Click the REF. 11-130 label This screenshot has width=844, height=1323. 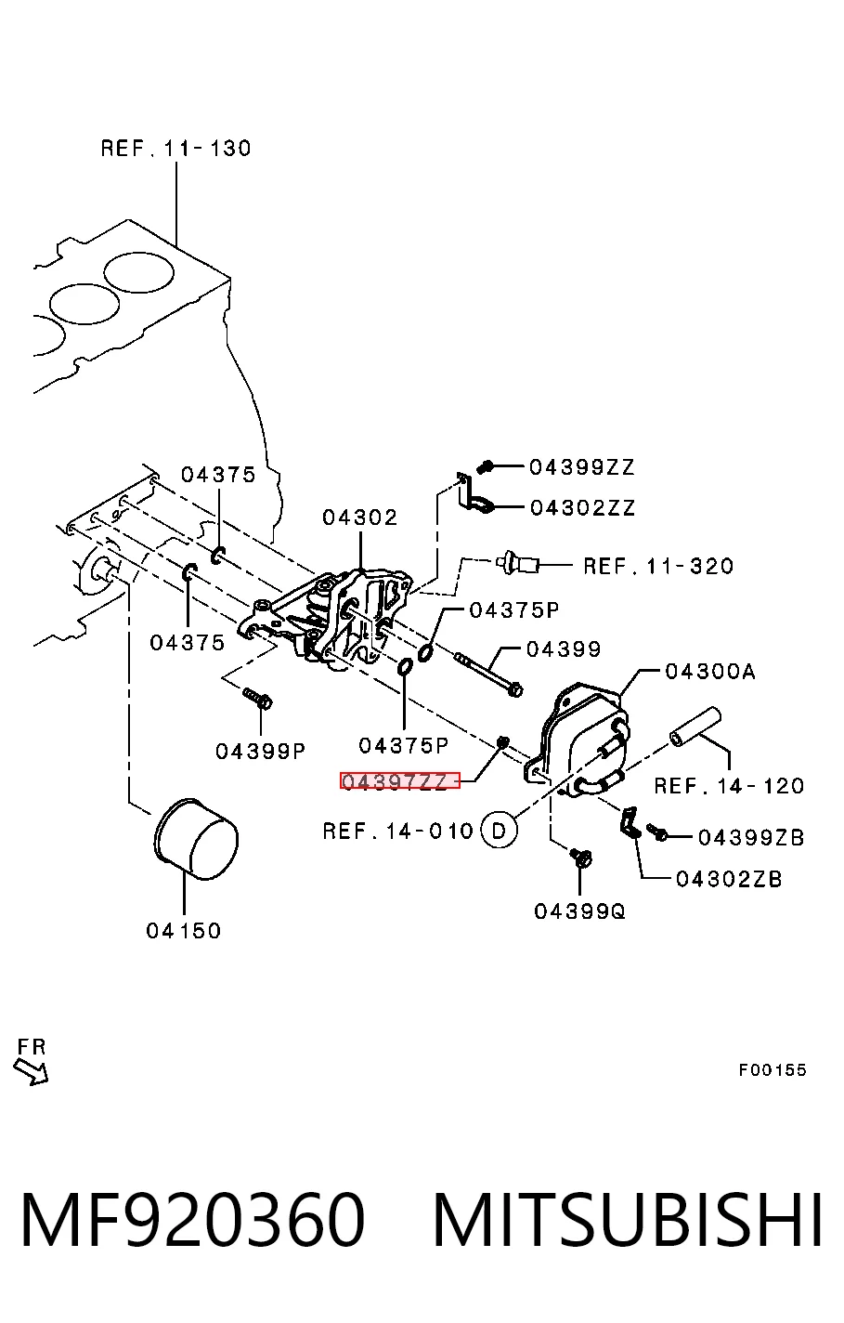tap(175, 148)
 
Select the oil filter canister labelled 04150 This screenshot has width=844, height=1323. tap(195, 839)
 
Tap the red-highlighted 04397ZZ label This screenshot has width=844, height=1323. tap(399, 780)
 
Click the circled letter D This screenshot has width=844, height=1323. tap(499, 831)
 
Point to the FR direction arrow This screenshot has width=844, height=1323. tap(31, 1070)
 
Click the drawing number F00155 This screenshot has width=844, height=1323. tap(772, 1069)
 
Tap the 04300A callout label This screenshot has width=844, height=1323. tap(710, 672)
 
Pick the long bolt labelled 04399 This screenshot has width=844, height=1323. tap(489, 674)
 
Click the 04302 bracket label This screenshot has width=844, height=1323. tap(360, 517)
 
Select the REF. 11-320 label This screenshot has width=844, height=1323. tap(658, 566)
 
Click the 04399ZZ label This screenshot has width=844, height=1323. tap(581, 467)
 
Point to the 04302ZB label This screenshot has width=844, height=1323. tap(729, 879)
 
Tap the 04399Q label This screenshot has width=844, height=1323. tap(579, 911)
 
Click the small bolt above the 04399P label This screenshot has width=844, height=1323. tap(257, 698)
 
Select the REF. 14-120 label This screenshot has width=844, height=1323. tap(729, 786)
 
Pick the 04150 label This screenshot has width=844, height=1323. tap(184, 930)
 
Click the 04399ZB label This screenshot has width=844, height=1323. tap(751, 837)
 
